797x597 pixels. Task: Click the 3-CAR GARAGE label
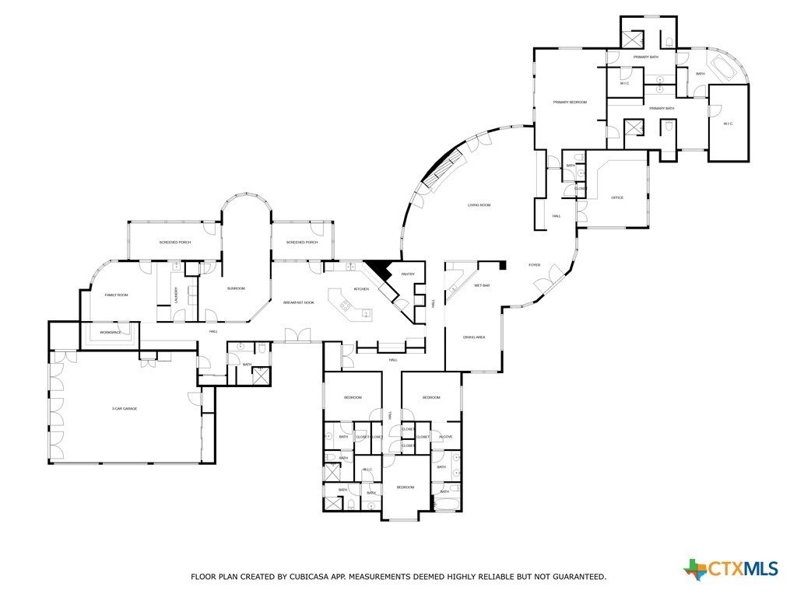tap(125, 408)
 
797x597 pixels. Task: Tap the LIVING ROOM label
tap(479, 205)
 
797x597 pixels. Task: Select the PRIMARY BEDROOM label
tap(570, 102)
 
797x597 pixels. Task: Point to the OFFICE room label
tap(617, 197)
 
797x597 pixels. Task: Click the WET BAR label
tap(482, 285)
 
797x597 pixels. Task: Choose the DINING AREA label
tap(475, 337)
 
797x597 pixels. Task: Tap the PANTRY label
tap(408, 274)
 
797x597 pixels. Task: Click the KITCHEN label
tap(361, 289)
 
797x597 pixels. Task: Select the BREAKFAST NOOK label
tap(298, 302)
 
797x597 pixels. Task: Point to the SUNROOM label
tap(236, 288)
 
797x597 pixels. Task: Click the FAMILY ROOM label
tap(116, 295)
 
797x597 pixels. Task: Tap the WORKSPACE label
tap(111, 333)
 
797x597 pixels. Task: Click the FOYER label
tap(535, 265)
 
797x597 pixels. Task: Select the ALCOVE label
tap(446, 437)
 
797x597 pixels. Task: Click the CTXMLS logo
tap(731, 569)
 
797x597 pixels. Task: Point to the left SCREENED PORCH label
tap(175, 243)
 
